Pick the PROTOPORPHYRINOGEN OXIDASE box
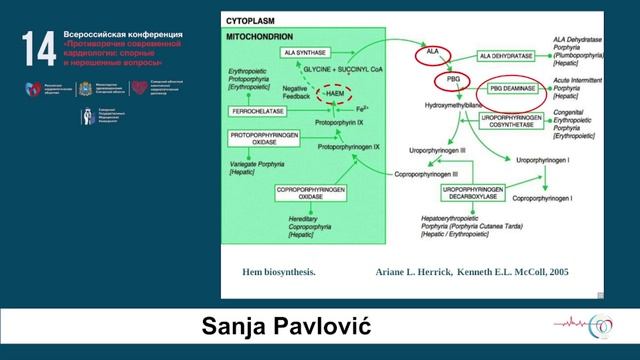[266, 138]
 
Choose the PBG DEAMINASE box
[515, 89]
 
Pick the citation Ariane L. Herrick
[416, 271]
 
